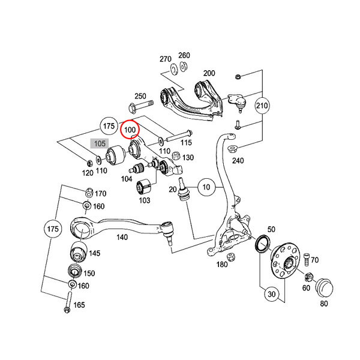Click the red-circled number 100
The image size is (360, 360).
click(130, 129)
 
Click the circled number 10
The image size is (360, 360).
click(205, 188)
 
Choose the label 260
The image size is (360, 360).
click(184, 55)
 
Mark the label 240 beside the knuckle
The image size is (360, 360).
click(238, 161)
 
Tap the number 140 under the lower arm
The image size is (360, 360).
click(122, 238)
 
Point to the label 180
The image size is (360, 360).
click(222, 264)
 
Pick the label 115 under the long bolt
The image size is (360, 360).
click(185, 143)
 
